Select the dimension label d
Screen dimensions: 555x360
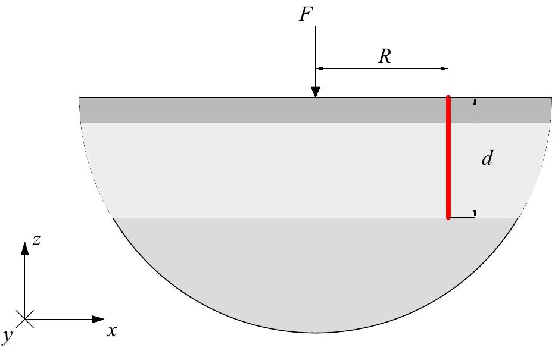487,158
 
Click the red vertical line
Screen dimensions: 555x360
448,157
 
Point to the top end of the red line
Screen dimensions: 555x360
448,98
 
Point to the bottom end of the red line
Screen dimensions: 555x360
448,217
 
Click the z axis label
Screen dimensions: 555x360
36,240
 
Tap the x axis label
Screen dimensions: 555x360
111,331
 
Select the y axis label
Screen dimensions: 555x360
8,337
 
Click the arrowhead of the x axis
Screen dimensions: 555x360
99,320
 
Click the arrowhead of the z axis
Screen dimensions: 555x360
24,248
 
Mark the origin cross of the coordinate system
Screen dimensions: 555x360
24,320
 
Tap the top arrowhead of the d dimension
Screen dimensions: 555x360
475,101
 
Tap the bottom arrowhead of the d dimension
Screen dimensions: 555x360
475,214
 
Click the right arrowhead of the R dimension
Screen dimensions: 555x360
444,69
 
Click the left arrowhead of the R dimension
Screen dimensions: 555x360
320,69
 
